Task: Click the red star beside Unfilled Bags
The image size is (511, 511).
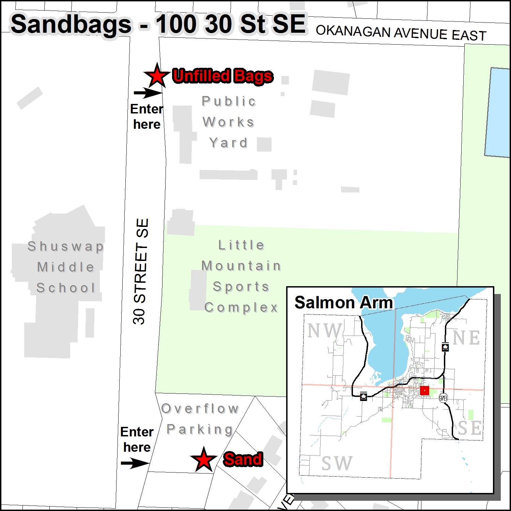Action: tap(157, 76)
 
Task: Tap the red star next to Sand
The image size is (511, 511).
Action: tap(204, 460)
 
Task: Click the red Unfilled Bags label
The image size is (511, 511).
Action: tap(223, 76)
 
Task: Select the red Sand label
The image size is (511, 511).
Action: tap(243, 459)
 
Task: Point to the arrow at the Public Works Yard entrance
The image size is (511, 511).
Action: tap(148, 93)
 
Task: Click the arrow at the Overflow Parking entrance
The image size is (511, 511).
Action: tap(135, 463)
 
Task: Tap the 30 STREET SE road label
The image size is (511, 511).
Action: tap(141, 271)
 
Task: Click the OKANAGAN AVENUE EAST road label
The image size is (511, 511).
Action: tap(401, 33)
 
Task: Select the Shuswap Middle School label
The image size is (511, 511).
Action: tap(66, 267)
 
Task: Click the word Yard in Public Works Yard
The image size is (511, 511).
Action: tap(229, 143)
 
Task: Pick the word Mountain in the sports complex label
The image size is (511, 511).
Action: tap(241, 266)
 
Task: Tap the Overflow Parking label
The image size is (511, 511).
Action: tap(200, 419)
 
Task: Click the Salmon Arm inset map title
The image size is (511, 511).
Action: tap(344, 303)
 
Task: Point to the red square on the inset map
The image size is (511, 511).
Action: tap(424, 390)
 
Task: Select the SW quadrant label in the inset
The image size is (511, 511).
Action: tap(337, 463)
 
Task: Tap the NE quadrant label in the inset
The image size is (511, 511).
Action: tap(466, 338)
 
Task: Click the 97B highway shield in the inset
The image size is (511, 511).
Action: tap(443, 398)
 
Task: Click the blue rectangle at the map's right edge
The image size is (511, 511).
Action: tap(498, 112)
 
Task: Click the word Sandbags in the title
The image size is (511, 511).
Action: tap(71, 25)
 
